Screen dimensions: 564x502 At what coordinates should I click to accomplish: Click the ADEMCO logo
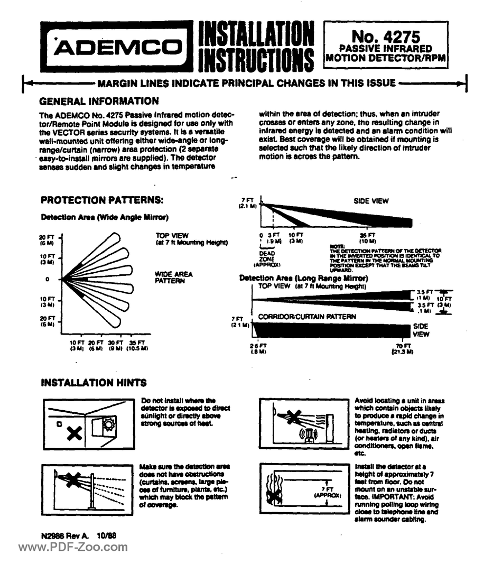117,48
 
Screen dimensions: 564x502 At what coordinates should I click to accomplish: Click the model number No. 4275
386,38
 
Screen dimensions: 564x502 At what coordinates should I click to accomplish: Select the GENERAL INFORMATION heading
99,101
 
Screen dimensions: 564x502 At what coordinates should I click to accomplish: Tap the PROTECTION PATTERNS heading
102,200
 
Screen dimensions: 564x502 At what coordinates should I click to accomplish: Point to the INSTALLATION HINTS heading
94,382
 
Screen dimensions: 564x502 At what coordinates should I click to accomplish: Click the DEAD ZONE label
270,256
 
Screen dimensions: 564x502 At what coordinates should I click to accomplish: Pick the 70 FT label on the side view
406,348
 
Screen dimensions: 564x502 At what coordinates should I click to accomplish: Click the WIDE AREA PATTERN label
173,278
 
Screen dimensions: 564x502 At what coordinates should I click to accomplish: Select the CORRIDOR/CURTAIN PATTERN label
306,317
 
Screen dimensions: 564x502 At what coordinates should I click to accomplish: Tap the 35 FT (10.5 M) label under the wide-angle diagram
136,345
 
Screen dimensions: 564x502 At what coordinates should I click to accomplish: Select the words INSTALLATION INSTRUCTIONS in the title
255,48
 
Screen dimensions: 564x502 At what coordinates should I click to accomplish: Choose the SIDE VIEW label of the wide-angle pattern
371,201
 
